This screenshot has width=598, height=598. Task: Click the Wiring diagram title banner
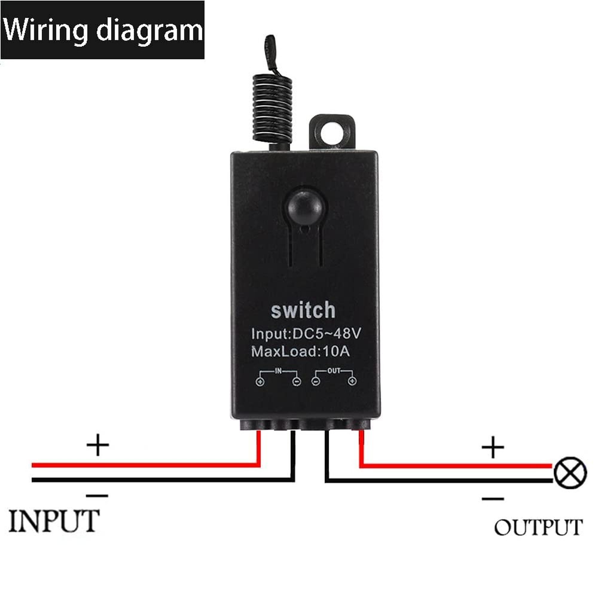102,30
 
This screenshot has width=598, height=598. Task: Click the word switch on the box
303,311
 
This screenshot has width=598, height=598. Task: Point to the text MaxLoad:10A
300,352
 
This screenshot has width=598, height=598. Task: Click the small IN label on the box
278,371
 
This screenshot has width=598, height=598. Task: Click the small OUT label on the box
334,371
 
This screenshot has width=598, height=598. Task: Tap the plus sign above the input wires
98,446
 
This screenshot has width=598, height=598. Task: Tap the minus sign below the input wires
97,495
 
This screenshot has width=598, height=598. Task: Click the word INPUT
53,521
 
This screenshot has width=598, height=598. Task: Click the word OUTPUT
538,527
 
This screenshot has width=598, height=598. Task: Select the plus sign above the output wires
493,447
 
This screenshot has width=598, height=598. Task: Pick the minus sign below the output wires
493,498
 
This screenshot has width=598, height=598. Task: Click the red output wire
454,465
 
